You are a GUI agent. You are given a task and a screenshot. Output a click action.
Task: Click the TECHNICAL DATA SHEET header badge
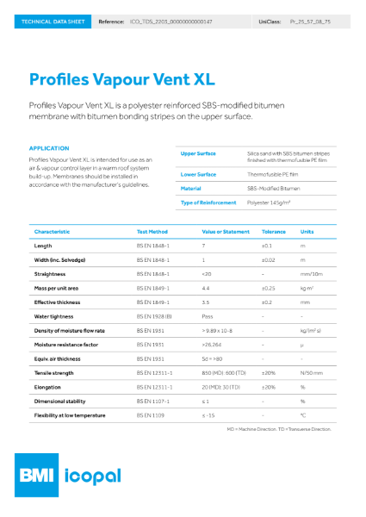49,19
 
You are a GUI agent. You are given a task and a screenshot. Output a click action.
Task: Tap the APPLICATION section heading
48,148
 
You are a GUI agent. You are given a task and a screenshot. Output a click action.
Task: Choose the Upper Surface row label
198,153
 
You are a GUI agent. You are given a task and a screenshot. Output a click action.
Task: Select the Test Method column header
155,232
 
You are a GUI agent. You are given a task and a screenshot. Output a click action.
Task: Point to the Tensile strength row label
58,372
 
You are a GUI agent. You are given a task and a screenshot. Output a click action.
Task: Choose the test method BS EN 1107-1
155,401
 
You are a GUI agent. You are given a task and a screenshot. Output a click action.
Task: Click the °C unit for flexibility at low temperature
302,414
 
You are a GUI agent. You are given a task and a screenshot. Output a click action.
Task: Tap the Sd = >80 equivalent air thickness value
213,358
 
